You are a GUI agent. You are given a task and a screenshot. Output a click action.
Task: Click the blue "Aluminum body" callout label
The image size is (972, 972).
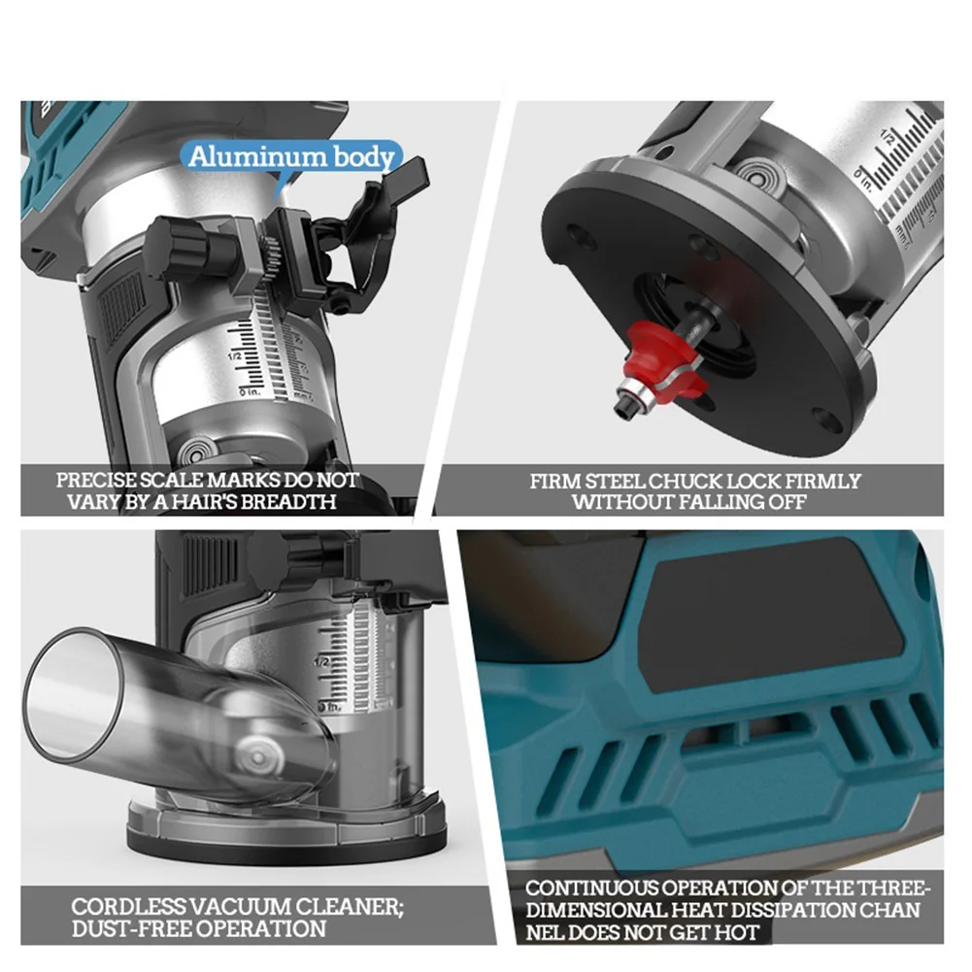292,156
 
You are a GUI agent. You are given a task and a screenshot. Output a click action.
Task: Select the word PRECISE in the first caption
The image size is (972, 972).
97,481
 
